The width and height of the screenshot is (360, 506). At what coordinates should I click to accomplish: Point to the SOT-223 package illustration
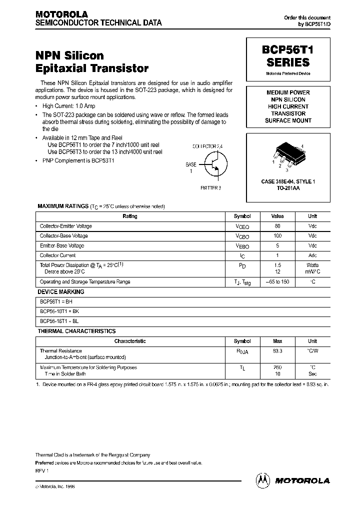(287, 152)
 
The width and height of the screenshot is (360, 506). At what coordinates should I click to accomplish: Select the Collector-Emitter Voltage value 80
(277, 226)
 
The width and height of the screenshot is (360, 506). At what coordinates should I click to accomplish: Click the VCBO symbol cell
(242, 236)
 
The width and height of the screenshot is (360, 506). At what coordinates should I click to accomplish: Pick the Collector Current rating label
(57, 255)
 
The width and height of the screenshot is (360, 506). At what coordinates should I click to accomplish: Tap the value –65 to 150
(277, 282)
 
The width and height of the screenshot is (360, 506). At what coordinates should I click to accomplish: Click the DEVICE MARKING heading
(61, 292)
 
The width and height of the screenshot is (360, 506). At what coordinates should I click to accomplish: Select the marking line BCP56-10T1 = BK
(58, 311)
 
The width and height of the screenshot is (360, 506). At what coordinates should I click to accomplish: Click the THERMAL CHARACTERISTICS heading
(76, 331)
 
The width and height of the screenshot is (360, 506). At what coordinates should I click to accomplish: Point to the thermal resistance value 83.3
(277, 351)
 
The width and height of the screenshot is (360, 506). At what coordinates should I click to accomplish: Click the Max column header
(277, 341)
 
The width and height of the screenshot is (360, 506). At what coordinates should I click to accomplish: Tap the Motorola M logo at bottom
(262, 480)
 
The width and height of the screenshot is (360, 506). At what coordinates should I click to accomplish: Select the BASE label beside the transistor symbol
(191, 164)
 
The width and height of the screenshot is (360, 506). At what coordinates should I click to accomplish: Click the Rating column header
(130, 216)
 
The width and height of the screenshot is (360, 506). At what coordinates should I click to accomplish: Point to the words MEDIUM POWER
(288, 92)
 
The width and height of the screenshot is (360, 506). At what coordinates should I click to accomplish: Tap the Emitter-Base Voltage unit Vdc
(312, 245)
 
